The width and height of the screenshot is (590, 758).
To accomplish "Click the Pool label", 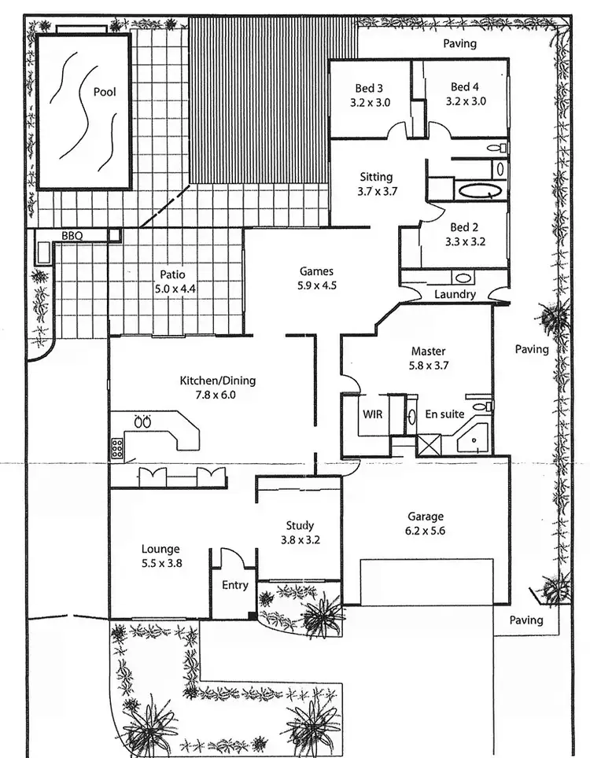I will tap(105, 92).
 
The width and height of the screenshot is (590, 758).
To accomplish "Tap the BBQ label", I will tap(73, 235).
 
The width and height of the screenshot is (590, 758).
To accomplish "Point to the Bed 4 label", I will tap(465, 86).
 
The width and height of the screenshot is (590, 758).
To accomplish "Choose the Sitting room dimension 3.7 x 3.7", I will tap(376, 191).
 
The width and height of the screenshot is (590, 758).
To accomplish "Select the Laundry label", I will tap(455, 294).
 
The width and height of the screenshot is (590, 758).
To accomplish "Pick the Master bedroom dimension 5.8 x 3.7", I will tap(428, 366).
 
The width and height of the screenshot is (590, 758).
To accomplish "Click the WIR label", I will tap(372, 413).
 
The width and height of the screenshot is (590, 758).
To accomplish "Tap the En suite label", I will tap(444, 413).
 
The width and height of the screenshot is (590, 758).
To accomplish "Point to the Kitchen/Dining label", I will tap(218, 381).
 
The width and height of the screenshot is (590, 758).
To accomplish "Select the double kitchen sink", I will tap(143, 422).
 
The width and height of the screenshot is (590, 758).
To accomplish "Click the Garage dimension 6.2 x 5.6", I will tap(425, 531).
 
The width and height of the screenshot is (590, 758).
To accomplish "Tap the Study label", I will tap(300, 525).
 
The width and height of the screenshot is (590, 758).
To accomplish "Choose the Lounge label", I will tap(160, 549).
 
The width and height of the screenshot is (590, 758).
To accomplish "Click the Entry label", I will tap(234, 585).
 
